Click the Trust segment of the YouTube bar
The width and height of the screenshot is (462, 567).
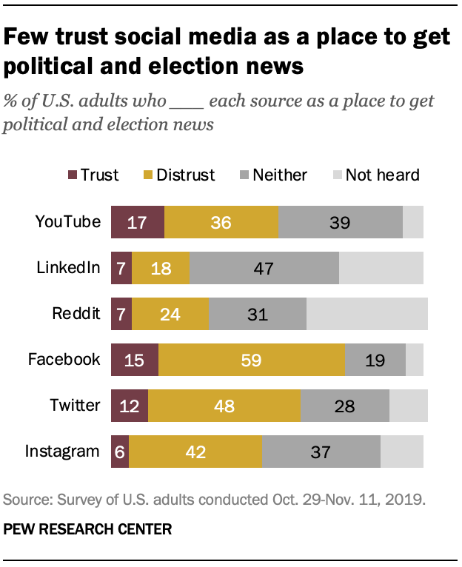click(x=137, y=222)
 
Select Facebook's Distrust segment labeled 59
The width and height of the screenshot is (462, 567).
click(x=252, y=360)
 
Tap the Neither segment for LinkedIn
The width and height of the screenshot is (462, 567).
click(x=264, y=268)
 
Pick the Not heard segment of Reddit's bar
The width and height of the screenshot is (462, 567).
click(x=366, y=314)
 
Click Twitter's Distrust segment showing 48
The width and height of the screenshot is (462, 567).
click(x=224, y=406)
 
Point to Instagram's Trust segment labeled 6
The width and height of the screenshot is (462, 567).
click(x=120, y=452)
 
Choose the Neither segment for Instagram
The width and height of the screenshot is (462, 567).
click(x=321, y=452)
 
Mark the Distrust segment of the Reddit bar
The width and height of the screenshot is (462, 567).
click(x=170, y=314)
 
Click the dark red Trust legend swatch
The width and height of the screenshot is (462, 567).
click(x=73, y=175)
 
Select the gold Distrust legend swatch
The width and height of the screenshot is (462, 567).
click(x=147, y=175)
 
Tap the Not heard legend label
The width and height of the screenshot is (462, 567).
click(x=382, y=175)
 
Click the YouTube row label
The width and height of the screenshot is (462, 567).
click(x=68, y=221)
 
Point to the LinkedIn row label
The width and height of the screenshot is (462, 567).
click(x=68, y=267)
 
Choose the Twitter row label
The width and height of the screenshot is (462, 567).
click(x=74, y=405)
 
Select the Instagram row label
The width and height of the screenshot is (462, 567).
click(x=62, y=451)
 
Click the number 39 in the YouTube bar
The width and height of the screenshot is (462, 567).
click(x=340, y=222)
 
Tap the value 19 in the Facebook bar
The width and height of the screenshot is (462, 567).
click(x=375, y=360)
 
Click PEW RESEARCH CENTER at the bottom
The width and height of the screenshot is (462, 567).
click(x=87, y=529)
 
